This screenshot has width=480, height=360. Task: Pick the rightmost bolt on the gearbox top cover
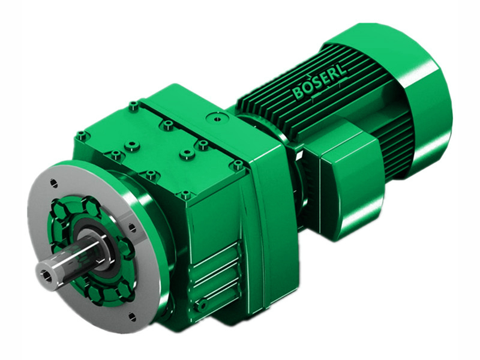point(238,164)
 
